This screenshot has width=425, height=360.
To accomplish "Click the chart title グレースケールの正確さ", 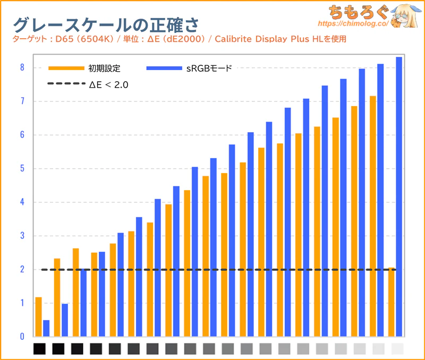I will (101, 23).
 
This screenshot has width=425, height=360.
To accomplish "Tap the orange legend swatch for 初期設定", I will (66, 68).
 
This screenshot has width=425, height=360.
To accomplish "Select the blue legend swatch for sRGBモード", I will (164, 68).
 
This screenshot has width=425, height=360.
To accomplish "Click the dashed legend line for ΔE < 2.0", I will (66, 84).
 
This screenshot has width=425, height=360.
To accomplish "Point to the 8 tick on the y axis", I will (22, 67).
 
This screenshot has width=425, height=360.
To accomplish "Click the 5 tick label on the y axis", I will (22, 169).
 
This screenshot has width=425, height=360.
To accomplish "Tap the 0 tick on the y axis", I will (22, 337).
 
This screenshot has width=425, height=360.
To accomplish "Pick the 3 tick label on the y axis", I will (22, 236).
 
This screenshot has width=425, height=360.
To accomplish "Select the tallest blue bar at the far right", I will (399, 196).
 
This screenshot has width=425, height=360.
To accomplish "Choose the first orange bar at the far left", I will (38, 316).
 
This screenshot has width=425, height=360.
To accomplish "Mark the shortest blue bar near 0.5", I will (46, 328).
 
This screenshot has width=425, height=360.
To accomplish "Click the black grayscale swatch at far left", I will (40, 349).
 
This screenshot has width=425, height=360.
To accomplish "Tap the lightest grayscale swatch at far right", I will (397, 349).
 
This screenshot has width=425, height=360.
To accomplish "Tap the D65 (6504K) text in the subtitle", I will (80, 39).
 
